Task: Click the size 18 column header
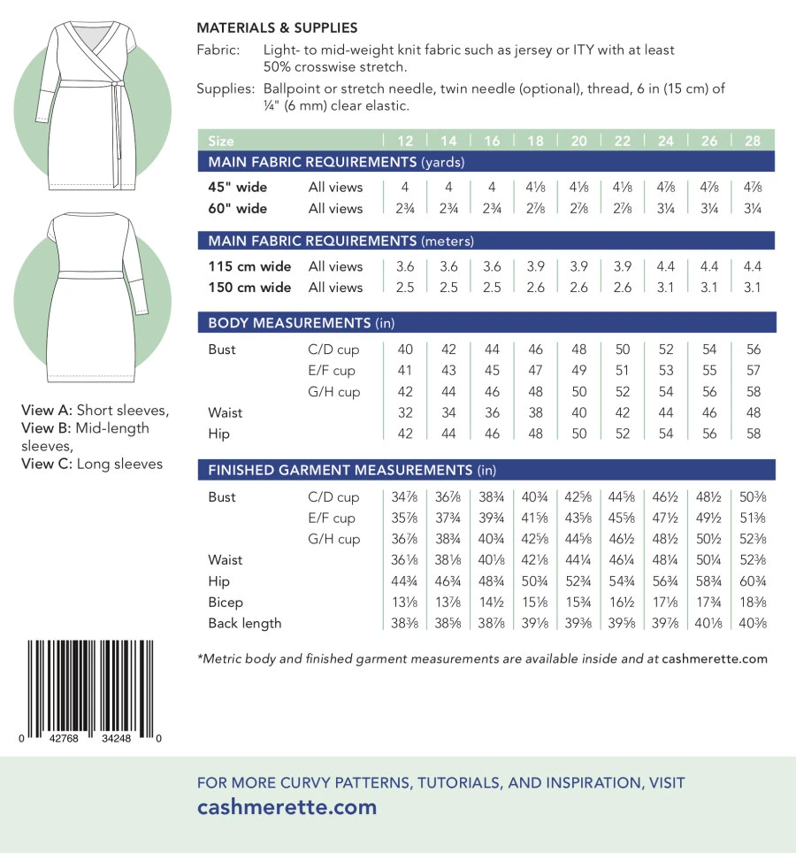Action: [536, 141]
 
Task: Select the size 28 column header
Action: [754, 141]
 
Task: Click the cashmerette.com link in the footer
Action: [287, 807]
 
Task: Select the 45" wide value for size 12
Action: [405, 188]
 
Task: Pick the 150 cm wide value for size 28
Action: [754, 288]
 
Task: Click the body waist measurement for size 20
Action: [579, 412]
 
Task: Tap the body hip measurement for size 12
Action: [405, 434]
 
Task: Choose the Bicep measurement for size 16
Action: [492, 602]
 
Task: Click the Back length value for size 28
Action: [754, 623]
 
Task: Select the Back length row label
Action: [245, 623]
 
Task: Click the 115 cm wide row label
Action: [249, 266]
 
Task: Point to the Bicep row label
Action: [226, 602]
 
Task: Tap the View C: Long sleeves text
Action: [92, 464]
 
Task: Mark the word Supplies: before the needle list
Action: [225, 89]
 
